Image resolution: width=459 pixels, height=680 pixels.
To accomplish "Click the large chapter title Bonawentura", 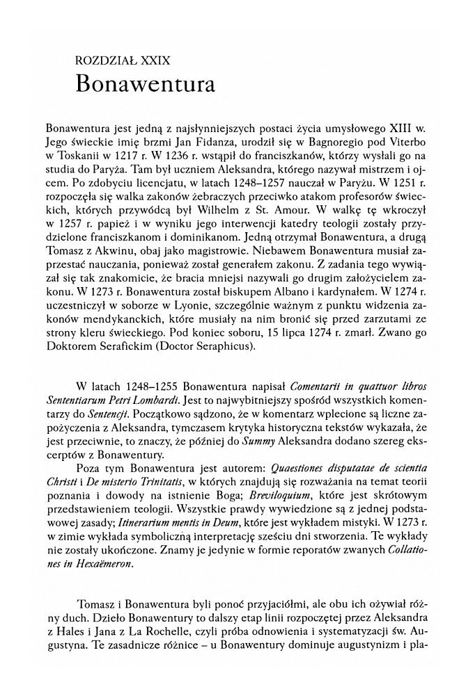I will pos(145,83).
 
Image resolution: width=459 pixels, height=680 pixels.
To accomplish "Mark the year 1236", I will pos(197,157).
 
